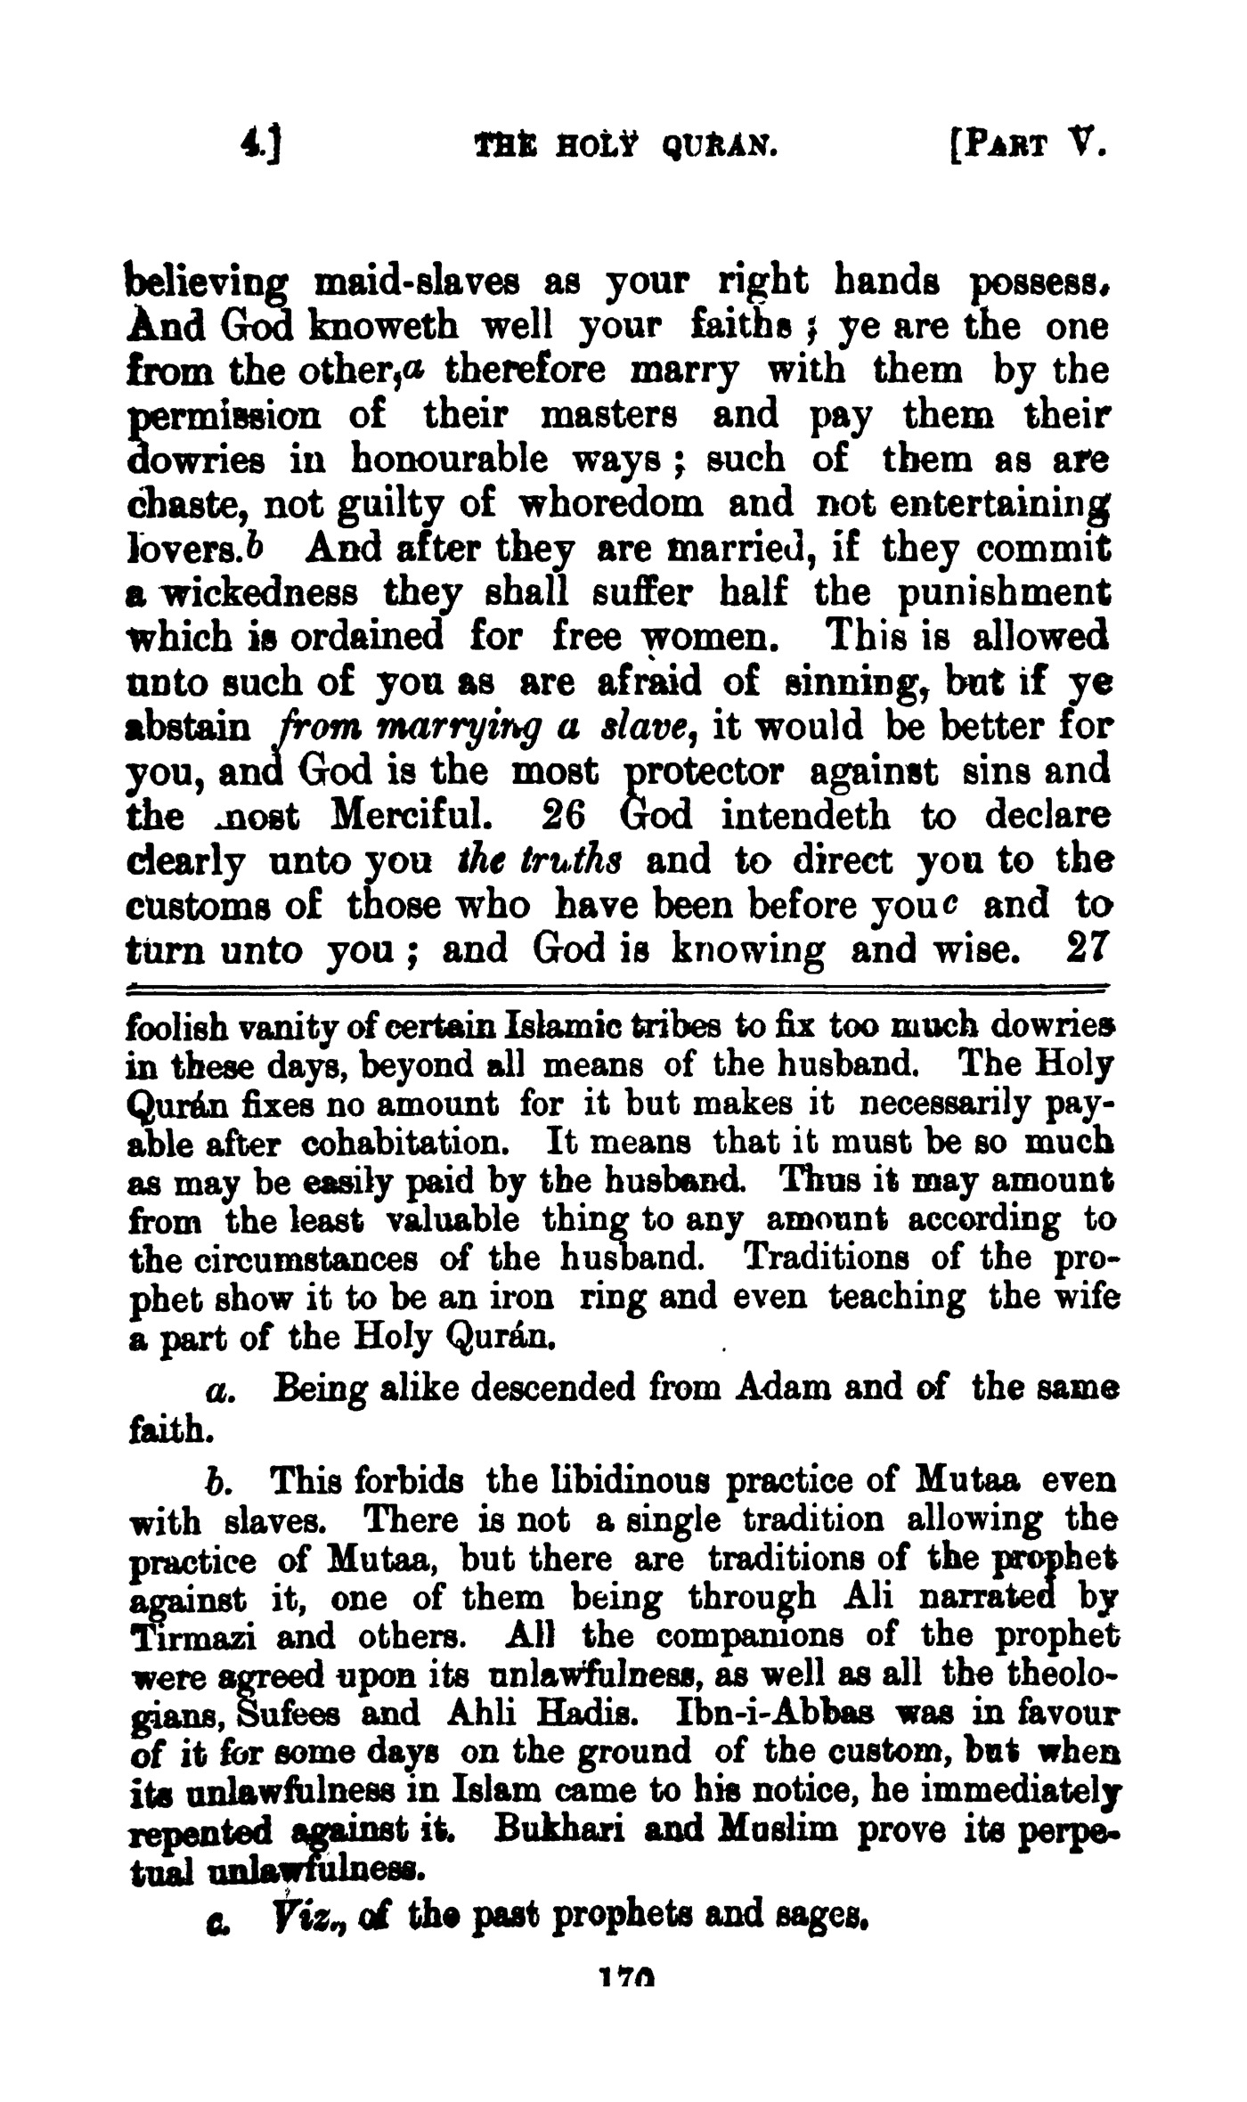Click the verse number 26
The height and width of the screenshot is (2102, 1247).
click(563, 814)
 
